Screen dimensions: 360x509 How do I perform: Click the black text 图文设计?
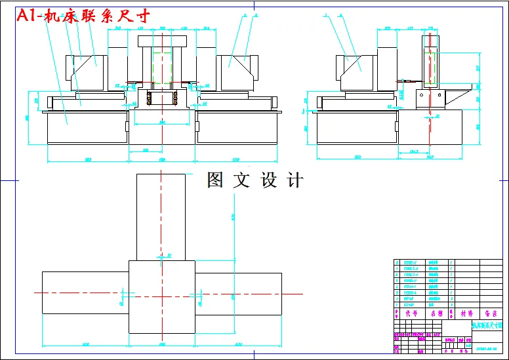point(254,180)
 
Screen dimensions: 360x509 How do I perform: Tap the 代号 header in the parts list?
point(411,313)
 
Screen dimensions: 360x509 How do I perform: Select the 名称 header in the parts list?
point(436,313)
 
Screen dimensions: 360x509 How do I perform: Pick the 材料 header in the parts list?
point(466,313)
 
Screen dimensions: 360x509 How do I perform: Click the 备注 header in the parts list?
point(490,313)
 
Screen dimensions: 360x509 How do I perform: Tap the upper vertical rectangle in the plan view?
point(161,216)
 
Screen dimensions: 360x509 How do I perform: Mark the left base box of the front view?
point(85,127)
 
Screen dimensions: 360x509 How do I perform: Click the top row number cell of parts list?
point(396,262)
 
